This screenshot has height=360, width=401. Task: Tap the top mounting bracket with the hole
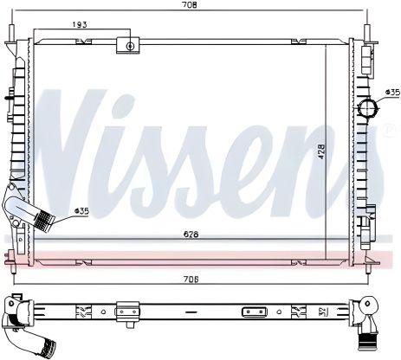pyautogui.click(x=129, y=45)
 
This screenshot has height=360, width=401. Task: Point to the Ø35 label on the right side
pyautogui.click(x=392, y=91)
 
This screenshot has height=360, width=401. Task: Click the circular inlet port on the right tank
pyautogui.click(x=369, y=110)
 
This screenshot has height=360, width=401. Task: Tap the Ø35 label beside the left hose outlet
pyautogui.click(x=81, y=210)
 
